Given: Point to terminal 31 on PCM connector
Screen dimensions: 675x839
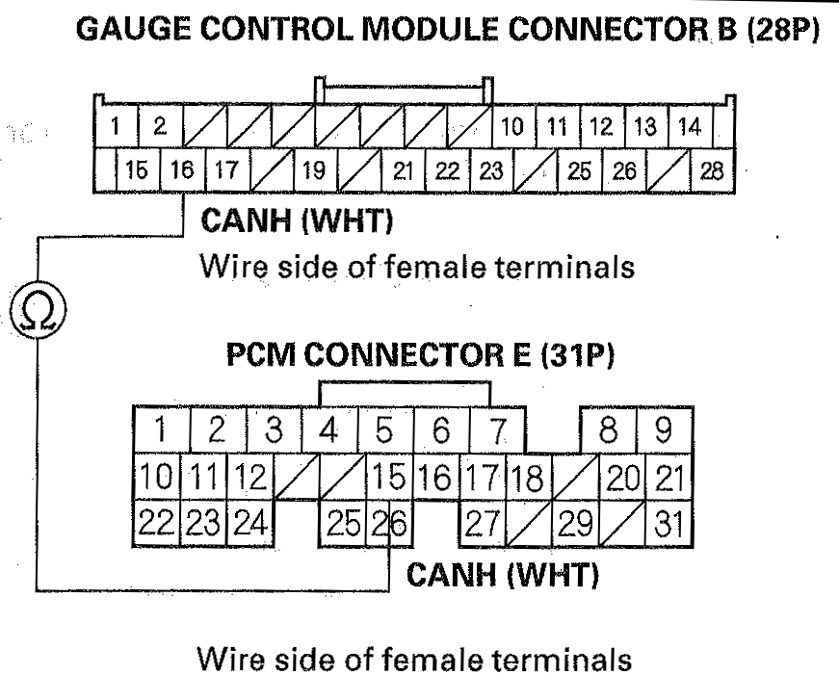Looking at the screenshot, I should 666,526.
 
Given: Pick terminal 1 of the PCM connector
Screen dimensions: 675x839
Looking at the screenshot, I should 162,430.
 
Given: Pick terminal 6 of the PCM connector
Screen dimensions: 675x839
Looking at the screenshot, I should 440,430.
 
